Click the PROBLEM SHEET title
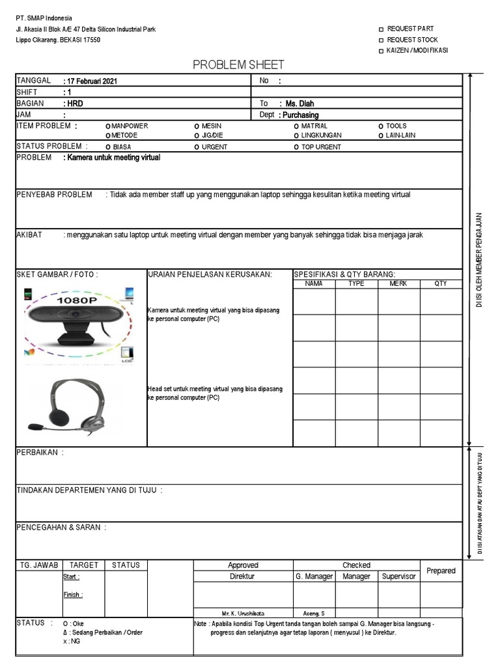(x=239, y=64)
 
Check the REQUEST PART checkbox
(x=382, y=29)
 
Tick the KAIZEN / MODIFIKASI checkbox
(x=382, y=51)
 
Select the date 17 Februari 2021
(x=91, y=81)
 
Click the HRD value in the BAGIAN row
(x=74, y=104)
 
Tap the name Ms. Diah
(x=300, y=104)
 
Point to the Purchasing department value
(x=300, y=115)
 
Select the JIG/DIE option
(x=197, y=135)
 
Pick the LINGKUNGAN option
(x=296, y=135)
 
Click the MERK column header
(x=398, y=284)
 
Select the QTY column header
(x=441, y=284)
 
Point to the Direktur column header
(x=243, y=576)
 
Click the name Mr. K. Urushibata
(x=243, y=613)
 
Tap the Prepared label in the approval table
(x=441, y=571)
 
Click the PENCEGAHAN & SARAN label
(x=61, y=527)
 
